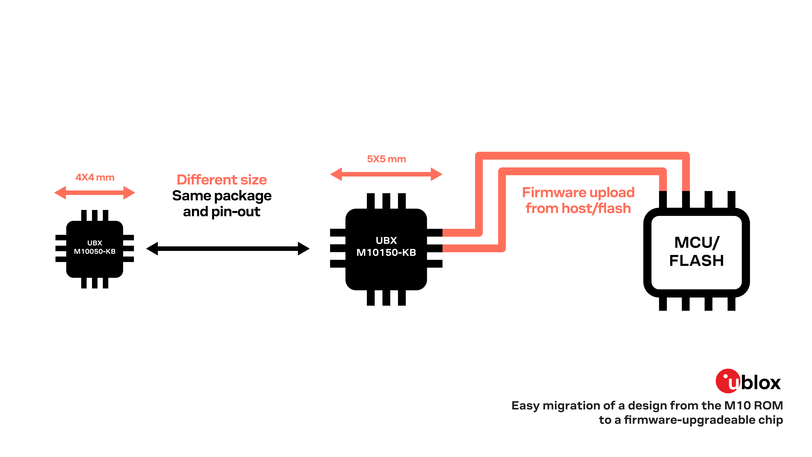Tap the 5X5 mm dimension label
click(x=386, y=159)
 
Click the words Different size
click(x=222, y=180)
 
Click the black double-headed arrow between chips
click(x=228, y=249)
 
